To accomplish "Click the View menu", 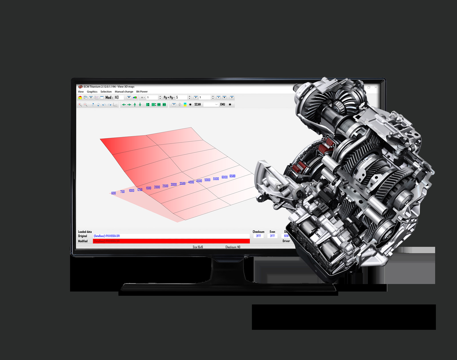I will (81, 92).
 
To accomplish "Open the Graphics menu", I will (92, 92).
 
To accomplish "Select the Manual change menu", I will (124, 92).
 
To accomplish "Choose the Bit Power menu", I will (142, 92).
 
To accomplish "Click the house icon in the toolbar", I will (80, 98).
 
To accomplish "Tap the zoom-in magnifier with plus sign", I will (80, 105).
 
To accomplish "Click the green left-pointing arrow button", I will (124, 105).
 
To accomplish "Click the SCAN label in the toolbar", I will (198, 104).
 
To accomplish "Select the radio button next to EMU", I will (230, 104).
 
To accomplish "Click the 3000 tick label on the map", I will (174, 184).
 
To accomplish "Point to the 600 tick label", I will (113, 193).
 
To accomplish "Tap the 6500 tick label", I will (232, 176).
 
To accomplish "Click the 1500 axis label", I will (149, 188).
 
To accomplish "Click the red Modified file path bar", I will (171, 241).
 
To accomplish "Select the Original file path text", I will (107, 236).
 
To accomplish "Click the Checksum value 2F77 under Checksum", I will (258, 236).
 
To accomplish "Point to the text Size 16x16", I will (198, 247).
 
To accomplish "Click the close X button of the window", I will (376, 87).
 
